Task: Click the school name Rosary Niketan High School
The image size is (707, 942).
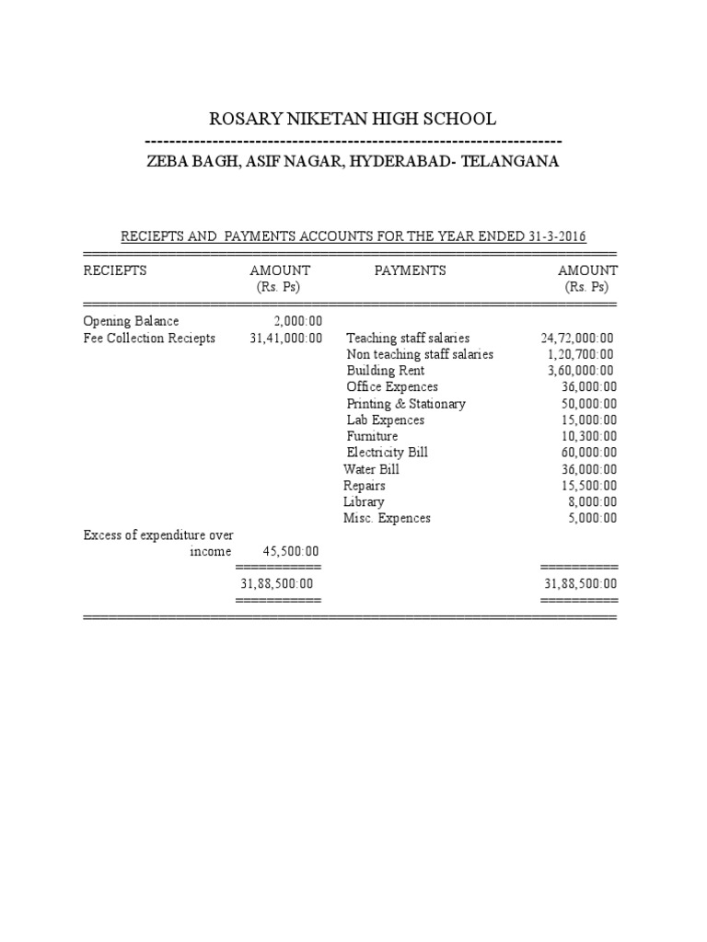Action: tap(353, 119)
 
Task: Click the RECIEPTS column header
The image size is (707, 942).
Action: tap(115, 270)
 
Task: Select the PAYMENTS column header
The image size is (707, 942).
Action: tap(411, 270)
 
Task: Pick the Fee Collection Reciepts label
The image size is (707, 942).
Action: tap(149, 338)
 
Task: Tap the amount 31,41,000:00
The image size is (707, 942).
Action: tap(286, 338)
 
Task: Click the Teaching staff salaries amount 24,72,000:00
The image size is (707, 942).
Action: tap(577, 339)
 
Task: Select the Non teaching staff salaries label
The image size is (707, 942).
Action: tap(420, 354)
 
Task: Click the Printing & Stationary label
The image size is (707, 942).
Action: tap(406, 404)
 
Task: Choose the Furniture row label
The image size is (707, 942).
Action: tap(372, 436)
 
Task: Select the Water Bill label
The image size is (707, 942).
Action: tap(371, 469)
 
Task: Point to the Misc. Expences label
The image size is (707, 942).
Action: tap(387, 518)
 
